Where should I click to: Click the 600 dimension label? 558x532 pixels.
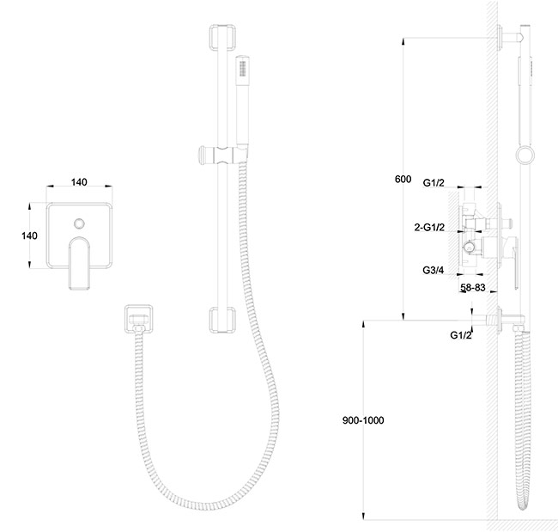click(x=403, y=179)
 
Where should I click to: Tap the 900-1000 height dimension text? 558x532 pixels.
click(x=363, y=420)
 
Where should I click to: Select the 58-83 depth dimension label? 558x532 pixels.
click(x=473, y=287)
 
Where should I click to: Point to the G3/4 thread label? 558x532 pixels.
click(x=433, y=270)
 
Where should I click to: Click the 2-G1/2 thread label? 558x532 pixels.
click(x=429, y=227)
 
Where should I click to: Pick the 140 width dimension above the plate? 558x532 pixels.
click(x=79, y=182)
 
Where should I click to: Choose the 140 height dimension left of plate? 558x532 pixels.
click(x=29, y=235)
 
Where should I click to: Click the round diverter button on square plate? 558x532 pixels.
click(x=79, y=223)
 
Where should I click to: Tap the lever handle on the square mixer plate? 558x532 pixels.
click(x=79, y=264)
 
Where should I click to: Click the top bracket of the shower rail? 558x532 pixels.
click(x=222, y=37)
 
